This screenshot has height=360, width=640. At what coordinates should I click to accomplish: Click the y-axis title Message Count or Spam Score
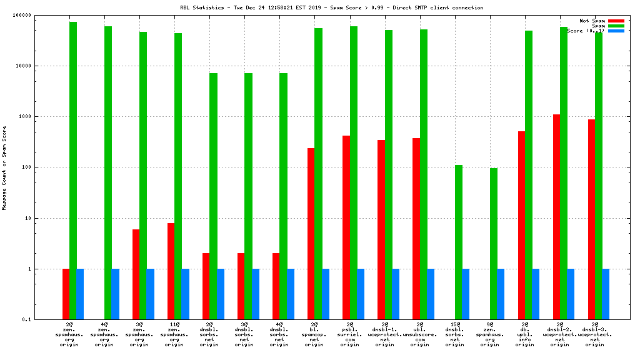(5, 167)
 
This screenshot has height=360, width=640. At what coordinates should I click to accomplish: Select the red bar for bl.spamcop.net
(311, 234)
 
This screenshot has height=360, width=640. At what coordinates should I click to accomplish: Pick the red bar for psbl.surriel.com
(346, 227)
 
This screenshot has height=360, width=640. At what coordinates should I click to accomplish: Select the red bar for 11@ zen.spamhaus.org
(171, 271)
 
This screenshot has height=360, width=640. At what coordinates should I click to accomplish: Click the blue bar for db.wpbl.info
(536, 294)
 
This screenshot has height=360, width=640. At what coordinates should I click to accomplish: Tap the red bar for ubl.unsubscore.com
(416, 229)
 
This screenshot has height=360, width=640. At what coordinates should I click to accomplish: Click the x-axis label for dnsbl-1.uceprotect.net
(385, 334)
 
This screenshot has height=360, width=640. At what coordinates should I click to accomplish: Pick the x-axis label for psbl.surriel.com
(350, 334)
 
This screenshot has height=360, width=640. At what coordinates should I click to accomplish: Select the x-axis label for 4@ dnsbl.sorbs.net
(280, 334)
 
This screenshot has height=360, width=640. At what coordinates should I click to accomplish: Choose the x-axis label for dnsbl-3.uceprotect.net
(595, 334)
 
